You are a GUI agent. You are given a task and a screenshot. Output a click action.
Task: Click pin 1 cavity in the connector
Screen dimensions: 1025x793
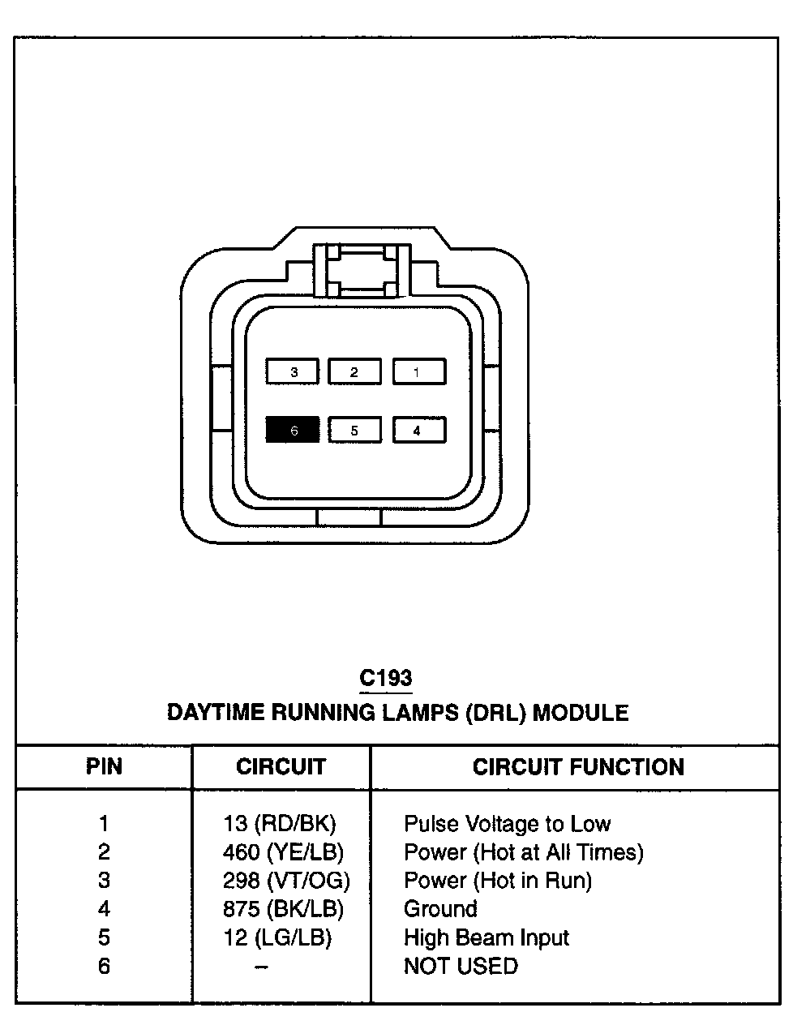(x=418, y=372)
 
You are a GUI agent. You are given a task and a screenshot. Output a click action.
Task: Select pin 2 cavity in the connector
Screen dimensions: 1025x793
(x=354, y=372)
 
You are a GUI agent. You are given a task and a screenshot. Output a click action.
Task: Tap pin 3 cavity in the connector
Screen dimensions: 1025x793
(x=293, y=372)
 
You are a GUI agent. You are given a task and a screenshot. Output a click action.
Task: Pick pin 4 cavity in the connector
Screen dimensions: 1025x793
(x=418, y=430)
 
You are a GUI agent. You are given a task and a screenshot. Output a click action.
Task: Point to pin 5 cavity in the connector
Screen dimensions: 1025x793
(x=354, y=430)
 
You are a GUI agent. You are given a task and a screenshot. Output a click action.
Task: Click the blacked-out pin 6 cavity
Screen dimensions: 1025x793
(x=293, y=430)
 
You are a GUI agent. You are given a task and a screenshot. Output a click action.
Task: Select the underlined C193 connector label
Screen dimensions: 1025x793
(x=386, y=678)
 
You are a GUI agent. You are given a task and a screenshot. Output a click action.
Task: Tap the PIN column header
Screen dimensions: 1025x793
(x=104, y=766)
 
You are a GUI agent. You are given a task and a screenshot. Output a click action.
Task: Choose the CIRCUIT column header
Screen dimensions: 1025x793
(x=281, y=766)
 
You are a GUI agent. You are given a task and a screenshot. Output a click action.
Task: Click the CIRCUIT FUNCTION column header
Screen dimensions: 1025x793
(x=578, y=766)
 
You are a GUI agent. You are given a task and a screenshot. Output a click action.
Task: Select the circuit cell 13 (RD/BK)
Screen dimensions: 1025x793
(x=279, y=824)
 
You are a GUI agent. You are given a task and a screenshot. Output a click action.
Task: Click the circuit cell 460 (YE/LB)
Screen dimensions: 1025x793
(x=283, y=852)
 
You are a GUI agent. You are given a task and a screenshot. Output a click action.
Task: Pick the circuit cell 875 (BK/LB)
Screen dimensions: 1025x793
(x=283, y=909)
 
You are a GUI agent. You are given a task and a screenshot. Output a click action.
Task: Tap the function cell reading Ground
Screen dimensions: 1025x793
(x=440, y=909)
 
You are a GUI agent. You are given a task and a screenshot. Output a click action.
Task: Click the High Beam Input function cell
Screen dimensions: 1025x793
(x=487, y=938)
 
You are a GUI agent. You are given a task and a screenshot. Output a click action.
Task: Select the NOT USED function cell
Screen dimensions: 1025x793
(x=461, y=967)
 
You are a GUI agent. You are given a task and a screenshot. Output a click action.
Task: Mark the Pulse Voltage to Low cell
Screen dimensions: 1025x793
(x=507, y=824)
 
